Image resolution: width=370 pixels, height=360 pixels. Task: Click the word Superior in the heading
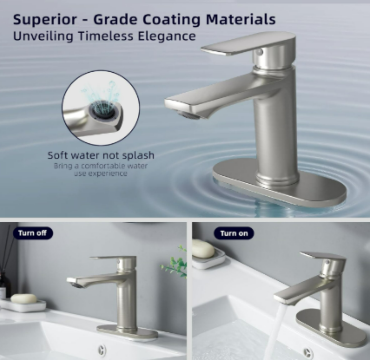[x=45, y=20]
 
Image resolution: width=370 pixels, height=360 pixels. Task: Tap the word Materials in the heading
[x=241, y=19]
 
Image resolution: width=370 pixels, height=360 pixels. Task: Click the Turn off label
[x=32, y=233]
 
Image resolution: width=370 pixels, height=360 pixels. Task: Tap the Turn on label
[x=234, y=233]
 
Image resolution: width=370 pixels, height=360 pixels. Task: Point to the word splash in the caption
[x=138, y=155]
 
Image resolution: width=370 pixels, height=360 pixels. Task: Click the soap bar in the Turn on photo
[x=203, y=248]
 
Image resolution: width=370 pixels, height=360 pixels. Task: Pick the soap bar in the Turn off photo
[x=23, y=298]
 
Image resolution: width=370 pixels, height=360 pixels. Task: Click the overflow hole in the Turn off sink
[x=102, y=350]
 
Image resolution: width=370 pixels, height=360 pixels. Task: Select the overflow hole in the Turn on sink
[x=307, y=353]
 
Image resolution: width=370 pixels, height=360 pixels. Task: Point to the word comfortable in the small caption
[x=103, y=166]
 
